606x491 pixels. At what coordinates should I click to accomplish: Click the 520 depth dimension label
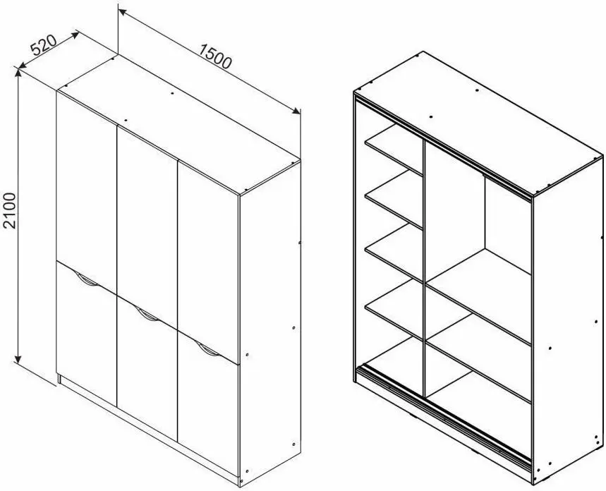[x=44, y=46]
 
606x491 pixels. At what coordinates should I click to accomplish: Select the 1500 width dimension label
[x=215, y=56]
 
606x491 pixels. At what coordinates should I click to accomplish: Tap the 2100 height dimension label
[x=9, y=211]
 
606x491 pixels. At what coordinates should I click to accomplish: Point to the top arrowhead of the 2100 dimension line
[x=18, y=73]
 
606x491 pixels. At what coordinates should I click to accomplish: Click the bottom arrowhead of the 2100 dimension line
[x=18, y=359]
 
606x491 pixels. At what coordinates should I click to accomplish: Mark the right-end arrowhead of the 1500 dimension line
[x=296, y=111]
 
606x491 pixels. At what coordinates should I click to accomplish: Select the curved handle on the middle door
[x=147, y=315]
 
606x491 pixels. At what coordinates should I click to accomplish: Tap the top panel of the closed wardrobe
[x=178, y=123]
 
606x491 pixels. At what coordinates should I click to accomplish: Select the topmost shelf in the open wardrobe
[x=394, y=150]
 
